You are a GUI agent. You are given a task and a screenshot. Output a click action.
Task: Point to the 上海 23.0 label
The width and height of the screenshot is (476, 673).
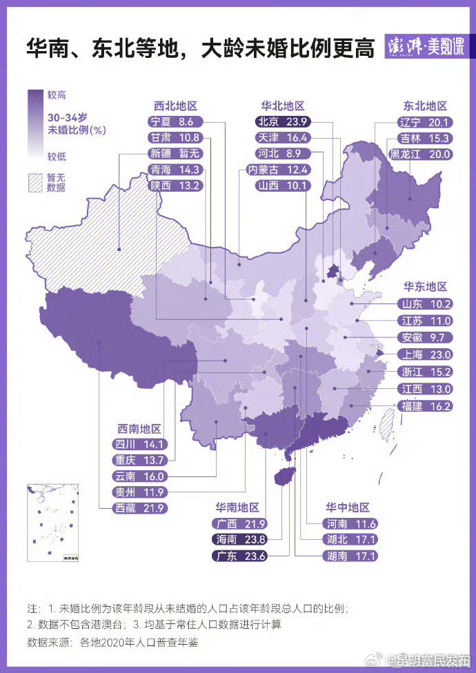click(x=426, y=355)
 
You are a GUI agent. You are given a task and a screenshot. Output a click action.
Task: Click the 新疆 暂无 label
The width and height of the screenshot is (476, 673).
click(x=175, y=154)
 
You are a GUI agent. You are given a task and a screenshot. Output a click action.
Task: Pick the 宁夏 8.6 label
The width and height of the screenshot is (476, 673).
click(x=175, y=121)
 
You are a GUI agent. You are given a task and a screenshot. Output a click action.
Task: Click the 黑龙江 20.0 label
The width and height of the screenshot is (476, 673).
click(x=420, y=154)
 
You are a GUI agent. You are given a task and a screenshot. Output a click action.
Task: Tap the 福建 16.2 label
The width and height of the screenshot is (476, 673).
click(x=426, y=407)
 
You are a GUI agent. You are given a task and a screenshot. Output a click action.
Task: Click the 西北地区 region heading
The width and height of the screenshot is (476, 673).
click(x=175, y=106)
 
